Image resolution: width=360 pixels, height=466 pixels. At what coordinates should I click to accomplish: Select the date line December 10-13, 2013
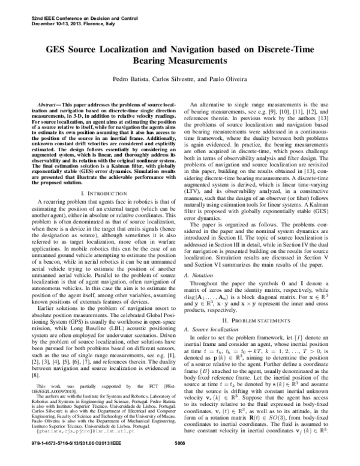67,11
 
